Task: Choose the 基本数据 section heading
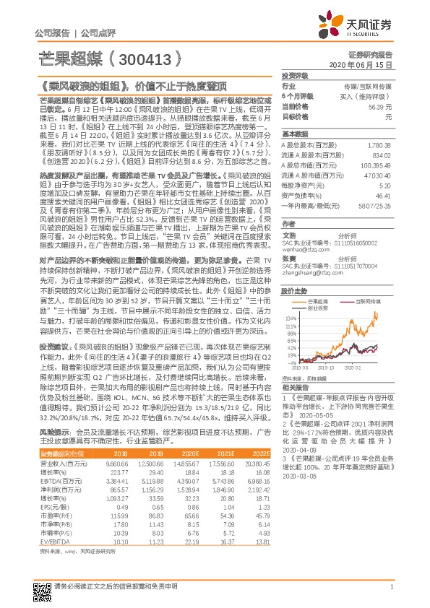point(294,134)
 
